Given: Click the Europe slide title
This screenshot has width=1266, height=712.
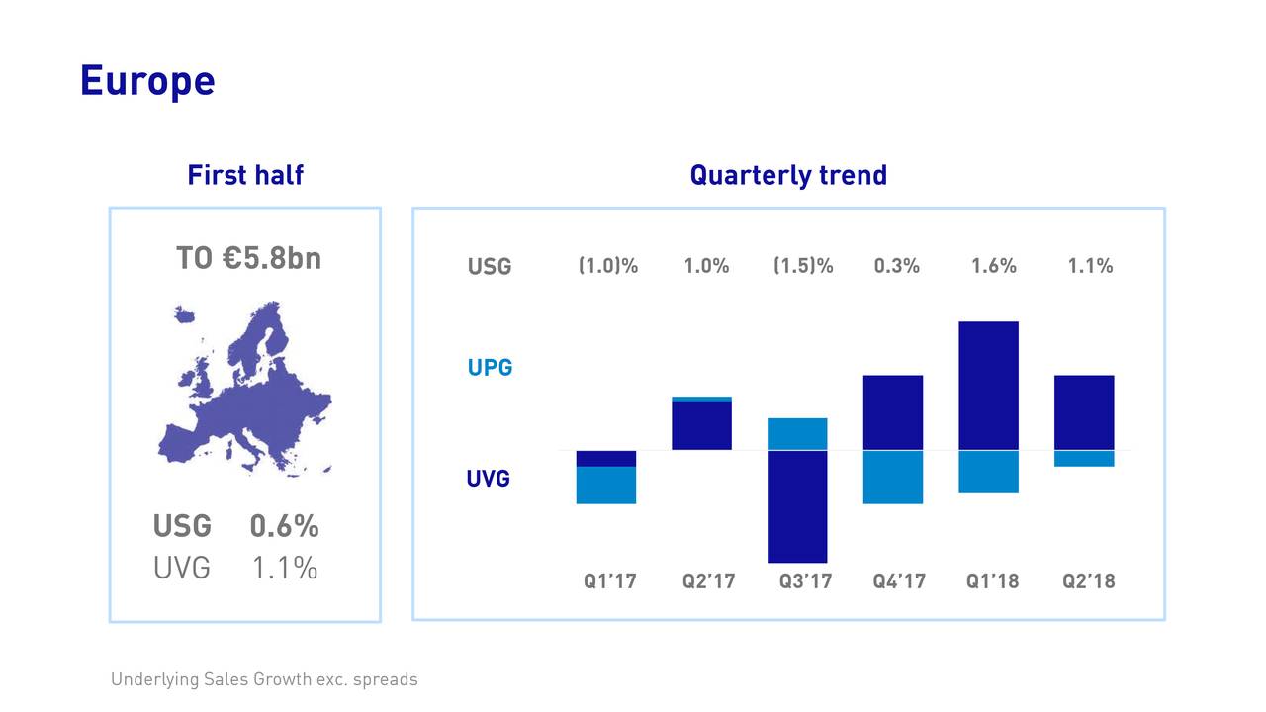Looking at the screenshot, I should click(x=147, y=80).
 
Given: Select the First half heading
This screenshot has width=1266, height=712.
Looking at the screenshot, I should click(x=245, y=175).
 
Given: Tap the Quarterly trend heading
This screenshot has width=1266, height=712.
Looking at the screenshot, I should click(x=788, y=175).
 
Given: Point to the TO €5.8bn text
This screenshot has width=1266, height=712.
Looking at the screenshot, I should click(x=248, y=258).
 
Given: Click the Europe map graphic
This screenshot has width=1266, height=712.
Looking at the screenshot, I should click(x=245, y=391).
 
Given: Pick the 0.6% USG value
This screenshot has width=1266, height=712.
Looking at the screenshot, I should click(x=284, y=525).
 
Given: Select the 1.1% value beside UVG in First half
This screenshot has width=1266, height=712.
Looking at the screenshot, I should click(x=284, y=568).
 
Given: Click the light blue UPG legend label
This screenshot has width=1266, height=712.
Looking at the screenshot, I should click(x=490, y=368).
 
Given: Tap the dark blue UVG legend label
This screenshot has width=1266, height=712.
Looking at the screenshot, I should click(x=489, y=479).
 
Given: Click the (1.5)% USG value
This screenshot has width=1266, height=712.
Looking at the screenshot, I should click(x=803, y=266).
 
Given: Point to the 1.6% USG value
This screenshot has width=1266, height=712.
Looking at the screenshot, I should click(x=993, y=266).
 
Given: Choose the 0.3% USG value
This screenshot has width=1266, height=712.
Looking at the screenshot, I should click(x=896, y=266).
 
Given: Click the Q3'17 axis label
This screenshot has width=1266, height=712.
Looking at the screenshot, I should click(x=805, y=581).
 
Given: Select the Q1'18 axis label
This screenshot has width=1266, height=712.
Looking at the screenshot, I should click(x=992, y=581).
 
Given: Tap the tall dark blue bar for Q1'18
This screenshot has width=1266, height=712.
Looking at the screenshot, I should click(x=989, y=386).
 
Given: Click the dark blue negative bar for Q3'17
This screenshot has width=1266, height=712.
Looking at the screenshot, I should click(x=797, y=506).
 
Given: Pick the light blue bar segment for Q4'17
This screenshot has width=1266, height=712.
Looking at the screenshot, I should click(x=893, y=477).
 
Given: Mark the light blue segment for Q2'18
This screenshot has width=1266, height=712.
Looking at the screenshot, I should click(x=1084, y=459).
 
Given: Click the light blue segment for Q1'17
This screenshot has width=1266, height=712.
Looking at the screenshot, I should click(x=605, y=485).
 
